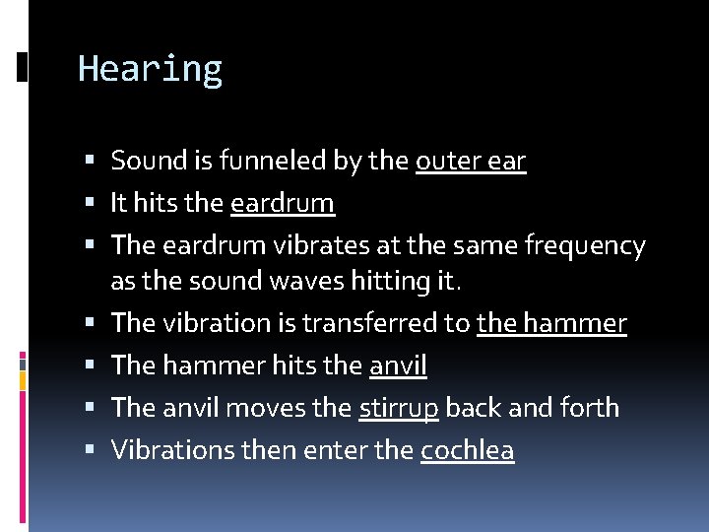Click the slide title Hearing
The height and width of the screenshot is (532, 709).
pyautogui.click(x=150, y=69)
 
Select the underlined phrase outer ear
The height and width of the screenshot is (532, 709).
pyautogui.click(x=471, y=161)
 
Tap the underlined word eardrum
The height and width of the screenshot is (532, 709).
pyautogui.click(x=282, y=203)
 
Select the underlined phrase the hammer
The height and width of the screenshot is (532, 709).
pyautogui.click(x=551, y=323)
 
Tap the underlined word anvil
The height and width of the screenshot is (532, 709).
pyautogui.click(x=398, y=366)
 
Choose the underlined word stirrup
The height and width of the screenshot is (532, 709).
pyautogui.click(x=399, y=408)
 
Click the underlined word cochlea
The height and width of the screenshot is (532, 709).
pyautogui.click(x=467, y=450)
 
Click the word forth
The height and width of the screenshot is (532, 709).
pyautogui.click(x=588, y=408)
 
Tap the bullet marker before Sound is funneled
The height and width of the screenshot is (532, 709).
pyautogui.click(x=91, y=161)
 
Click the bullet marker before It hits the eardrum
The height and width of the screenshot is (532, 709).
pyautogui.click(x=91, y=203)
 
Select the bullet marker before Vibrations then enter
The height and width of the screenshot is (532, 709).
pyautogui.click(x=91, y=450)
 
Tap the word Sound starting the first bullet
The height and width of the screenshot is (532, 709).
pyautogui.click(x=143, y=161)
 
